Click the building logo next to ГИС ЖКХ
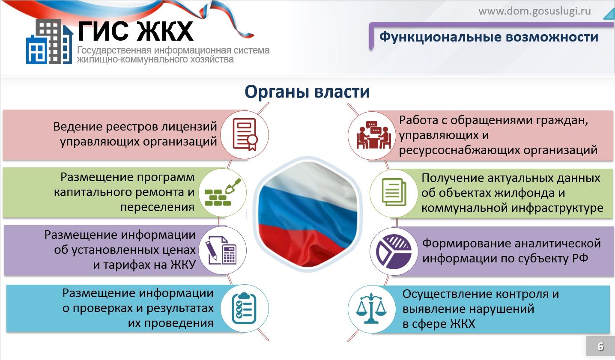(x=49, y=42)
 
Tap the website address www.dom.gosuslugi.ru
(x=534, y=11)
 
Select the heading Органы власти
(x=307, y=92)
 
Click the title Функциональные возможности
(x=489, y=37)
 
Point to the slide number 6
(x=600, y=346)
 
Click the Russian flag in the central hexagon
(x=308, y=214)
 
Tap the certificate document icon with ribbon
(x=245, y=134)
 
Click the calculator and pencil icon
(x=222, y=250)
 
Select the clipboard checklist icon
(x=244, y=308)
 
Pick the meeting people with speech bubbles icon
(x=373, y=135)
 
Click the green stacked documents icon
(x=394, y=192)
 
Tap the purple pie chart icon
(x=394, y=251)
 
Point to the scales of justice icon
(x=371, y=308)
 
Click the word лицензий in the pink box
(x=189, y=127)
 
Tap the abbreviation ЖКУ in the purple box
(x=183, y=265)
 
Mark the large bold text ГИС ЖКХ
(x=136, y=31)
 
